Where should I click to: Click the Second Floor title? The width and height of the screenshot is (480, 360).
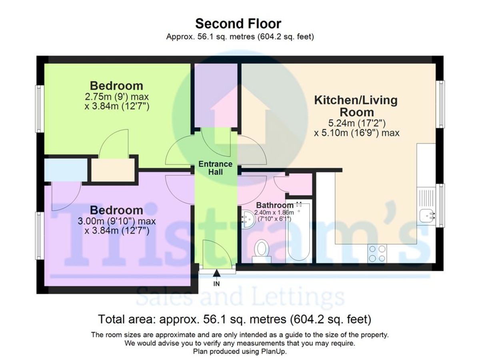(238, 24)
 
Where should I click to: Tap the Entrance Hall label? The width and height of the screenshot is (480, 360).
(215, 168)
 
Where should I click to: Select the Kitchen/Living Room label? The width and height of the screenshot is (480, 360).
(356, 106)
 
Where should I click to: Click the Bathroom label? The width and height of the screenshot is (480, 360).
(275, 205)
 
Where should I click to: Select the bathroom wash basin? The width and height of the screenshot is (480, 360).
(248, 219)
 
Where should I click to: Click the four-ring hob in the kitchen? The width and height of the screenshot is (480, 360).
(377, 253)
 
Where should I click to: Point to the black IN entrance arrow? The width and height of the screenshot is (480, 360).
(216, 274)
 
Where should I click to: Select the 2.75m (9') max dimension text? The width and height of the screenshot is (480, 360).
(116, 97)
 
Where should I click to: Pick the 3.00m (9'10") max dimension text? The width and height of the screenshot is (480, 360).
(116, 221)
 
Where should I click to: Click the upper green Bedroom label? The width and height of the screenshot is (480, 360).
(116, 86)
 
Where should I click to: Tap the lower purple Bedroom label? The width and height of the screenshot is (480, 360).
(116, 210)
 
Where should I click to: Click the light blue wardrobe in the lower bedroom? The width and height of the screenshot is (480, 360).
(66, 170)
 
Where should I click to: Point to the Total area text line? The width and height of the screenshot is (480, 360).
(235, 320)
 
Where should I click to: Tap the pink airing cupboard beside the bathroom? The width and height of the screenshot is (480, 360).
(299, 184)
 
